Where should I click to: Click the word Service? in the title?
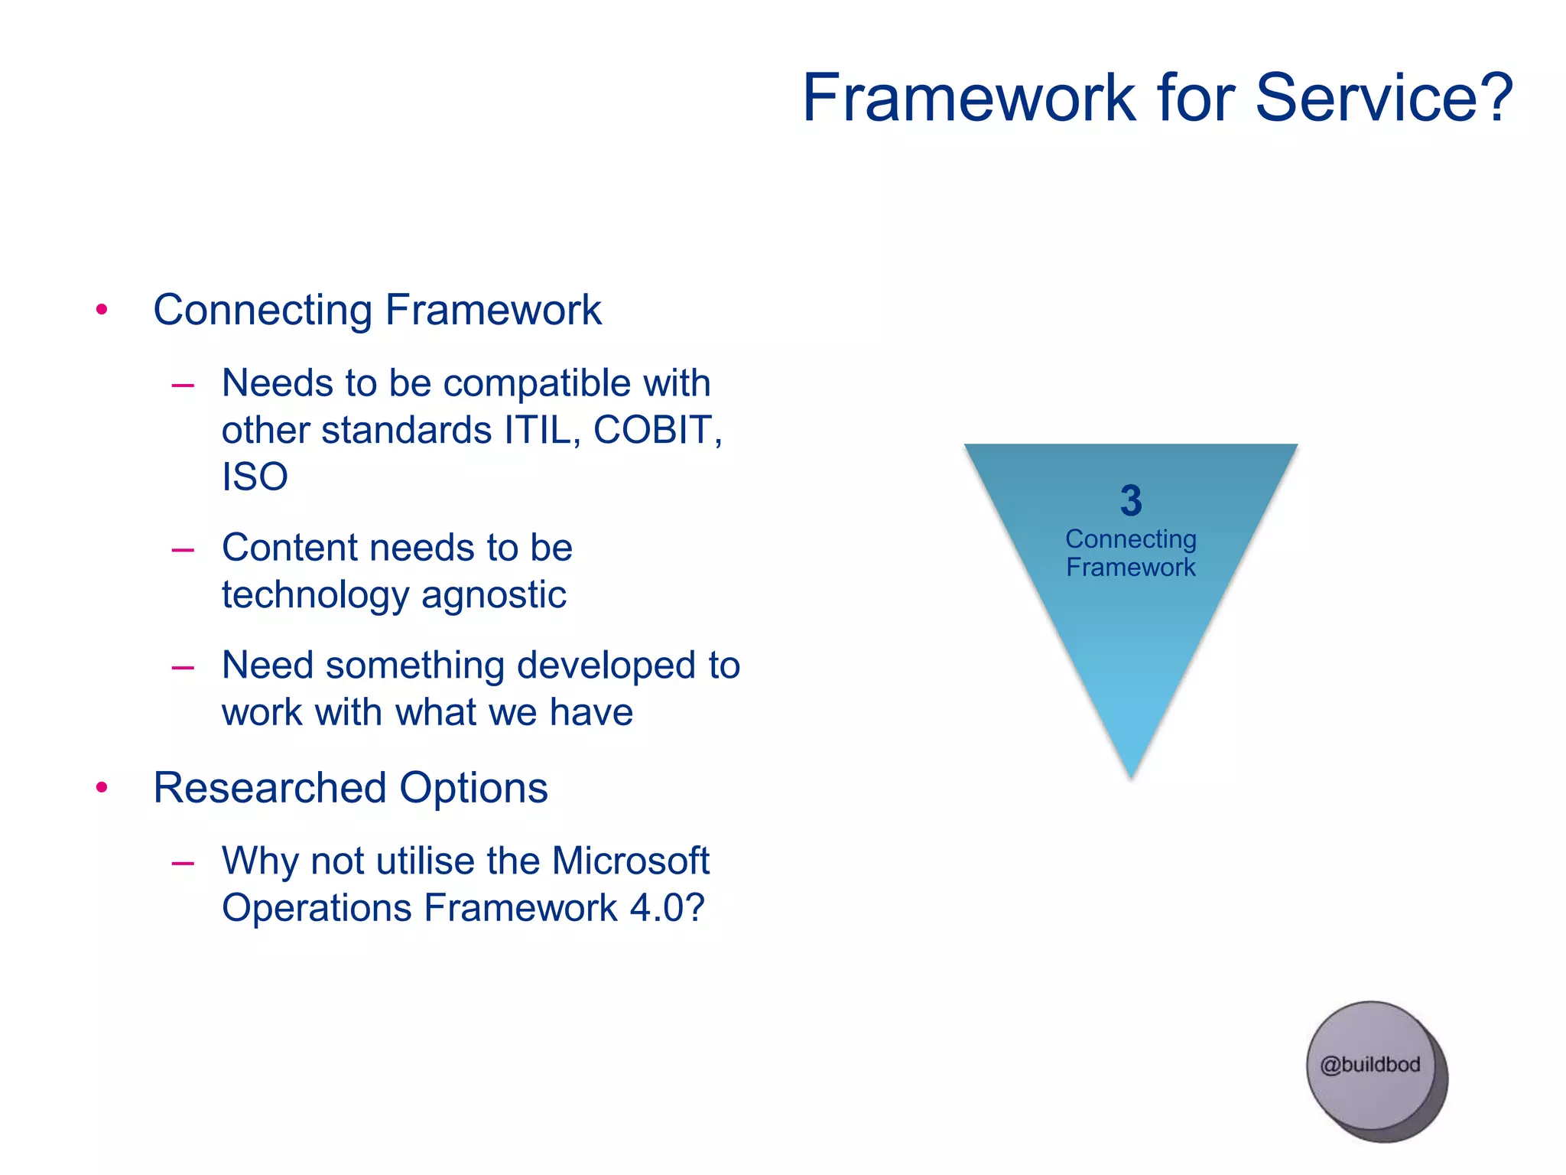(1384, 98)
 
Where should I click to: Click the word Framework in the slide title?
(970, 98)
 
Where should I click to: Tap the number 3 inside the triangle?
(1131, 501)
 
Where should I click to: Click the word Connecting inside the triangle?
(1131, 540)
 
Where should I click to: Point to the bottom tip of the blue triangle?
(1132, 774)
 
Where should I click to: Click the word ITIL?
(538, 430)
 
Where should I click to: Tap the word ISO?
(255, 477)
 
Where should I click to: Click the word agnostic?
(493, 595)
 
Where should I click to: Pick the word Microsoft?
(631, 861)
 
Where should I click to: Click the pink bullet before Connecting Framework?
(102, 310)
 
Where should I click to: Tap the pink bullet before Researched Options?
(102, 788)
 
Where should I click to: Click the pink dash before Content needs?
(183, 549)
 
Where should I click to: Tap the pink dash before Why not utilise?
(183, 863)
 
